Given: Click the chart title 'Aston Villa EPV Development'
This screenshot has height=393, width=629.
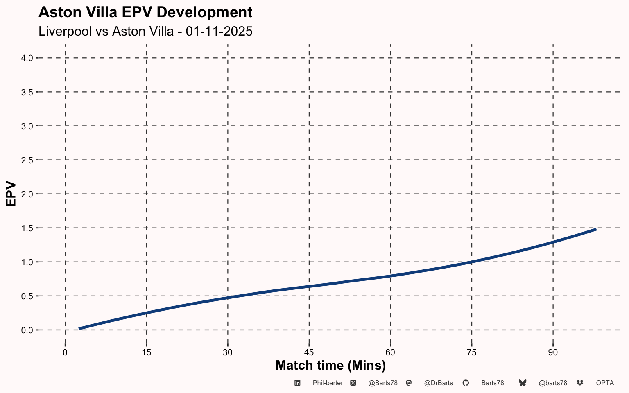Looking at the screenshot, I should tap(145, 13).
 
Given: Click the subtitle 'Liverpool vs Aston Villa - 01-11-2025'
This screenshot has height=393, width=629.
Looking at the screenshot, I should tap(145, 31).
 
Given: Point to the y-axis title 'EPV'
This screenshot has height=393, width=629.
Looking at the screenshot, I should tap(11, 194).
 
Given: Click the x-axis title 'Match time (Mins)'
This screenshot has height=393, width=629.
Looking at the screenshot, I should tap(330, 365).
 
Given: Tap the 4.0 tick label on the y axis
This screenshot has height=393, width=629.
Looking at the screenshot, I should tap(27, 58).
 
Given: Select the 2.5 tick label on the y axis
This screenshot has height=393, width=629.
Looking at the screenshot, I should tap(27, 160).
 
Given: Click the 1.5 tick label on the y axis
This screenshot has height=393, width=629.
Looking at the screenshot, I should tap(27, 228).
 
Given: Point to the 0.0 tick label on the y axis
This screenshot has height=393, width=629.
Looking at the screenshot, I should tap(27, 330).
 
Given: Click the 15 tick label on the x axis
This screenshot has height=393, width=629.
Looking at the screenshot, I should tap(146, 352).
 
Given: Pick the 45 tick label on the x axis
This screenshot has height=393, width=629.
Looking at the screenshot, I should tap(309, 352).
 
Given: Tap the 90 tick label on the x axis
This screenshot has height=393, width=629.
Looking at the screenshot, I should tap(553, 352).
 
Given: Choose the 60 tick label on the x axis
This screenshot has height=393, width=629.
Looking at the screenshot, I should tap(390, 352).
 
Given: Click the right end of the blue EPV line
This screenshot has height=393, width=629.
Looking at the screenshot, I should tap(596, 230).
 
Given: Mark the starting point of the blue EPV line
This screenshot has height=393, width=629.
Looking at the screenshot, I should tap(79, 328).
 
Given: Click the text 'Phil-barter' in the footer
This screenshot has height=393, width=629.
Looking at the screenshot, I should tap(328, 383).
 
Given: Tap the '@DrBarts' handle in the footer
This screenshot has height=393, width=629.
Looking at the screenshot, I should tap(438, 383).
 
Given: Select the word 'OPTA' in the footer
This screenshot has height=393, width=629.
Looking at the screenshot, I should tap(605, 383).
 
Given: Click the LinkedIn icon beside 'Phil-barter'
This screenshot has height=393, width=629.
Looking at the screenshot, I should tap(297, 383).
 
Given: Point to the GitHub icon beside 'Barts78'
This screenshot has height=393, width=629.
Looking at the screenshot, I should tap(466, 383).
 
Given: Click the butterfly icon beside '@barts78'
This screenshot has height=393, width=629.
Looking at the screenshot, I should tap(523, 383).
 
